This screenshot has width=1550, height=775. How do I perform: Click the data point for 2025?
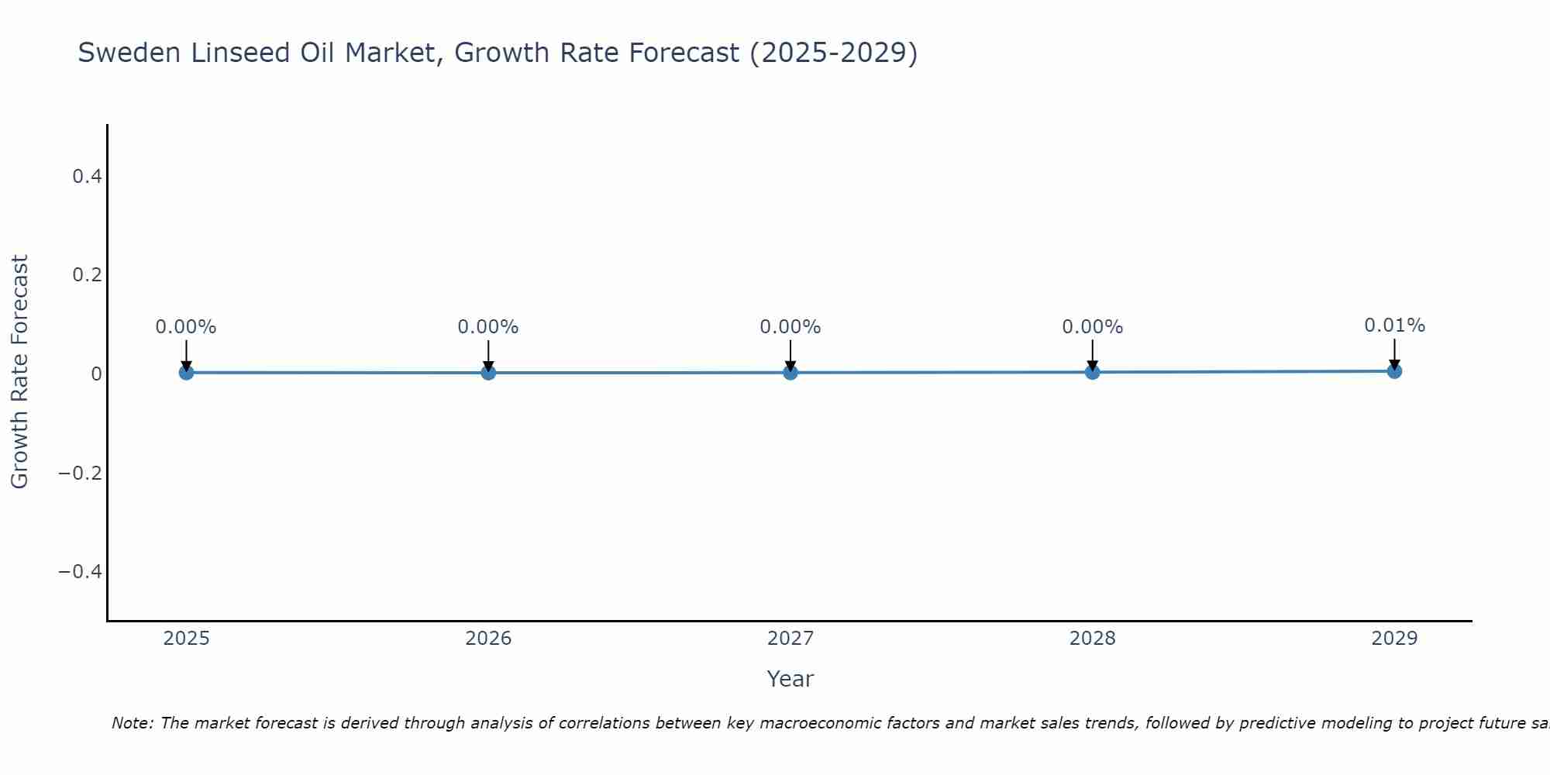[186, 373]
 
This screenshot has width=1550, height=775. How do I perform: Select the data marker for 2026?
[488, 373]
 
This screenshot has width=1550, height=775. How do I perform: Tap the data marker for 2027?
[790, 373]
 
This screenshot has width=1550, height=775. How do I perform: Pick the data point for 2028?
[1093, 372]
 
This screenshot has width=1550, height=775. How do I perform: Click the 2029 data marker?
[1394, 371]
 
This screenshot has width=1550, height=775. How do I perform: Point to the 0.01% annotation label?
[1394, 325]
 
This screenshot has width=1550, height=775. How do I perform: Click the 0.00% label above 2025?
[186, 327]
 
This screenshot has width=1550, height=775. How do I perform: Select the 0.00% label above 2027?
[790, 327]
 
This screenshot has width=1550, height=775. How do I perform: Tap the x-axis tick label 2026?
[488, 639]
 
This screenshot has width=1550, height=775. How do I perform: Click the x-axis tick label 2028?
[1093, 639]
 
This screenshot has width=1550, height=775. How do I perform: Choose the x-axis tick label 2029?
[1394, 639]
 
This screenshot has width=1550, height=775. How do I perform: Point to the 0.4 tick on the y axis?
[87, 177]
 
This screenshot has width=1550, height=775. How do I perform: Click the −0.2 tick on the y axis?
[81, 473]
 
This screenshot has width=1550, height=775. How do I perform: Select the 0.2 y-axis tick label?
[87, 275]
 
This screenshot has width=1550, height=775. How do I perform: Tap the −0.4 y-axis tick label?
[81, 572]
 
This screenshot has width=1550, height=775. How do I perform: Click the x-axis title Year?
[790, 679]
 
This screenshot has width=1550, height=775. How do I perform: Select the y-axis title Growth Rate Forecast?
[19, 372]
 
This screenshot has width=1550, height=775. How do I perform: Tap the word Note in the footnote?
[132, 723]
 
